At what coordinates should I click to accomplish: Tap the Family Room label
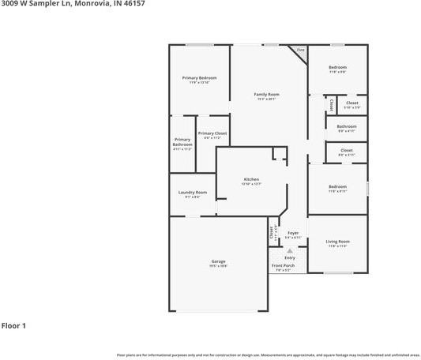tap(266, 94)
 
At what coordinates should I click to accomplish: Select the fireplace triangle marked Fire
tap(300, 51)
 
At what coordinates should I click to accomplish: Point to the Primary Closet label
tap(212, 133)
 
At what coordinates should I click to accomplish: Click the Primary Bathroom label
tap(182, 143)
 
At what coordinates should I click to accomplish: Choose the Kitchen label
tap(251, 179)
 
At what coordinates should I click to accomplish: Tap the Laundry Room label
tap(192, 192)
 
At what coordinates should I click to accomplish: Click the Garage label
tap(218, 261)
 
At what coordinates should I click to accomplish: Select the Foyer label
tap(292, 233)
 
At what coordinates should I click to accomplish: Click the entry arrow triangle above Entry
tap(290, 250)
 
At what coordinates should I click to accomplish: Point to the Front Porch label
tap(283, 265)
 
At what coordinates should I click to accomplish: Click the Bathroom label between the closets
tap(346, 126)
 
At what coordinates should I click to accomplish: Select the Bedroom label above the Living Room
tap(337, 186)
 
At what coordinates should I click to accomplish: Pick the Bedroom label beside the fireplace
tap(337, 67)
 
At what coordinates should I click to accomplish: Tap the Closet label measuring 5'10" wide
tap(351, 103)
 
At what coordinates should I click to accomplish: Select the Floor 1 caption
tap(13, 325)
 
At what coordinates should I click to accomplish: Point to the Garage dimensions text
tap(218, 266)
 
